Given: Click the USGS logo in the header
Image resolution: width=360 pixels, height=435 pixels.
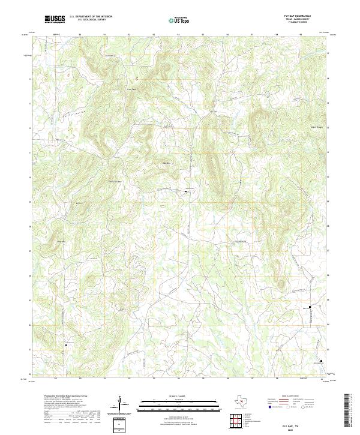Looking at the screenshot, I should click(55, 19).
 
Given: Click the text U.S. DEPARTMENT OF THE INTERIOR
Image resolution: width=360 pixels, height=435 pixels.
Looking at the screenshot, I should click(91, 17).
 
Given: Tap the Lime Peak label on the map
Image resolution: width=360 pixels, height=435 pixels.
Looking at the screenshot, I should click(127, 90).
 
